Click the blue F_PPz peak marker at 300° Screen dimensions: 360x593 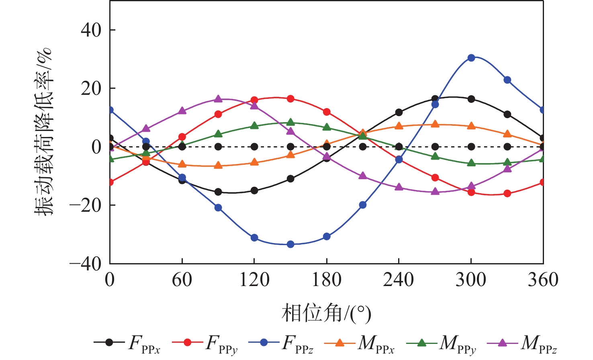point(471,58)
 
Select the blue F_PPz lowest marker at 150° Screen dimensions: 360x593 point(290,244)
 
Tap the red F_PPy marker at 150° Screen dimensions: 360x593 point(290,99)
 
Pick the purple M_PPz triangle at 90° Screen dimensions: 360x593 point(218,99)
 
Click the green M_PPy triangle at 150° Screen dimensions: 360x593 point(290,123)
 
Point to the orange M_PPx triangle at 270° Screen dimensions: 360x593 point(435,124)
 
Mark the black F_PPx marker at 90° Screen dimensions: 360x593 point(218,192)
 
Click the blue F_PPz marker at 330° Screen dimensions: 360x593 point(507,80)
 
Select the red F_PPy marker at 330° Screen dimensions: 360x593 point(507,193)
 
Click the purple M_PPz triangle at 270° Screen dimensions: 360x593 point(435,191)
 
